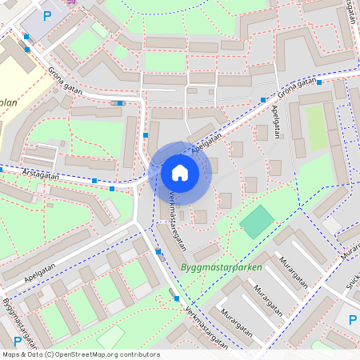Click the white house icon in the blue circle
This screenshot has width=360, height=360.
(179, 172)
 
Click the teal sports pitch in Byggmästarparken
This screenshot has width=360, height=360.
(257, 222)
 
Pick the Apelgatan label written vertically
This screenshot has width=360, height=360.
(277, 120)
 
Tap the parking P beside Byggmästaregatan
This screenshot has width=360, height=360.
(18, 342)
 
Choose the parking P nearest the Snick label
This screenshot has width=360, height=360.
(352, 320)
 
